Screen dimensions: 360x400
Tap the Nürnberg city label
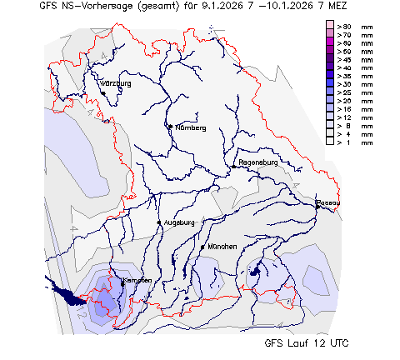(189, 127)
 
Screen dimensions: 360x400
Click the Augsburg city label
(179, 222)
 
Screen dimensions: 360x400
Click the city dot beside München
(202, 247)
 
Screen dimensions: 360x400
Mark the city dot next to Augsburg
(158, 222)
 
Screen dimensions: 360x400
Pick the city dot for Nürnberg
(170, 127)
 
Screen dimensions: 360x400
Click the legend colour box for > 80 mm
(330, 27)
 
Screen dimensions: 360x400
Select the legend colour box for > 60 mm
(330, 43)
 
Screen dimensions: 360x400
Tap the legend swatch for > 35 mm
(330, 84)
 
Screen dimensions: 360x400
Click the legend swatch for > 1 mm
(330, 142)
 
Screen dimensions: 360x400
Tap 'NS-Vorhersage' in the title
(90, 7)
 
